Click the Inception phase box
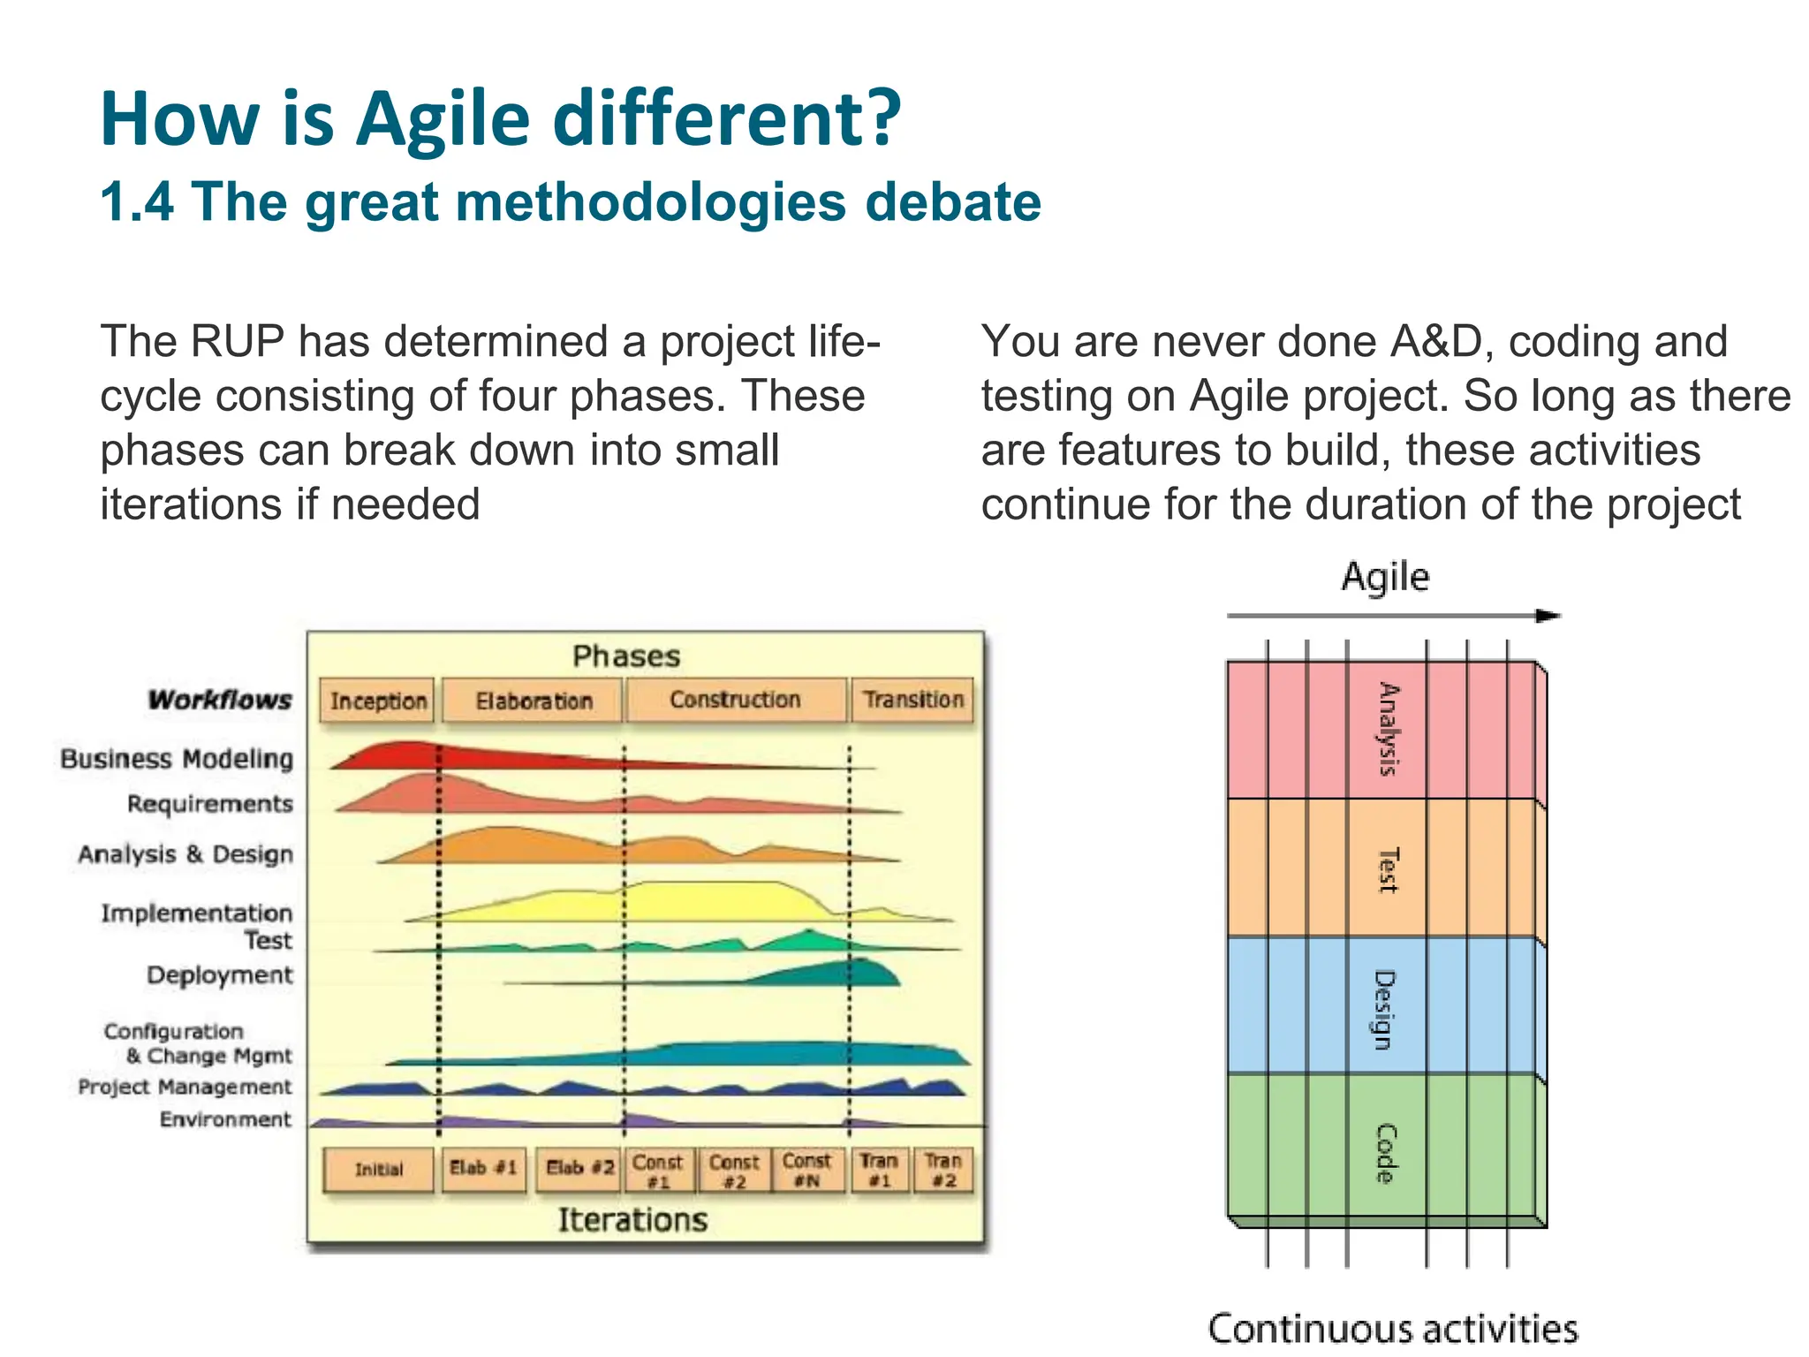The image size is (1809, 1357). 377,701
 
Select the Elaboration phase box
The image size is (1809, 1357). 533,701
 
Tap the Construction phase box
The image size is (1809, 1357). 735,700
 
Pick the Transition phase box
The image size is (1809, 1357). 913,700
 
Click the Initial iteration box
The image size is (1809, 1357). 379,1170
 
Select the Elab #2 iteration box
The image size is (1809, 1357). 579,1169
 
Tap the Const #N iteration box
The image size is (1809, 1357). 807,1170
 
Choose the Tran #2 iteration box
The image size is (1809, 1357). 943,1170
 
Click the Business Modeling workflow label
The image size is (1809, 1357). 177,759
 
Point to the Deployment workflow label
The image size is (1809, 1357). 219,975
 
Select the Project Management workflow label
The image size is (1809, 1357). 185,1087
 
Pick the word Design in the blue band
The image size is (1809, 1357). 1385,1009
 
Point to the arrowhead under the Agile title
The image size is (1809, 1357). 1548,616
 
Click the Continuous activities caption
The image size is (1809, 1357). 1393,1329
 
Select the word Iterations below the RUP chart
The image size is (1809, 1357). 632,1220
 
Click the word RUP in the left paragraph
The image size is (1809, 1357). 237,342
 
